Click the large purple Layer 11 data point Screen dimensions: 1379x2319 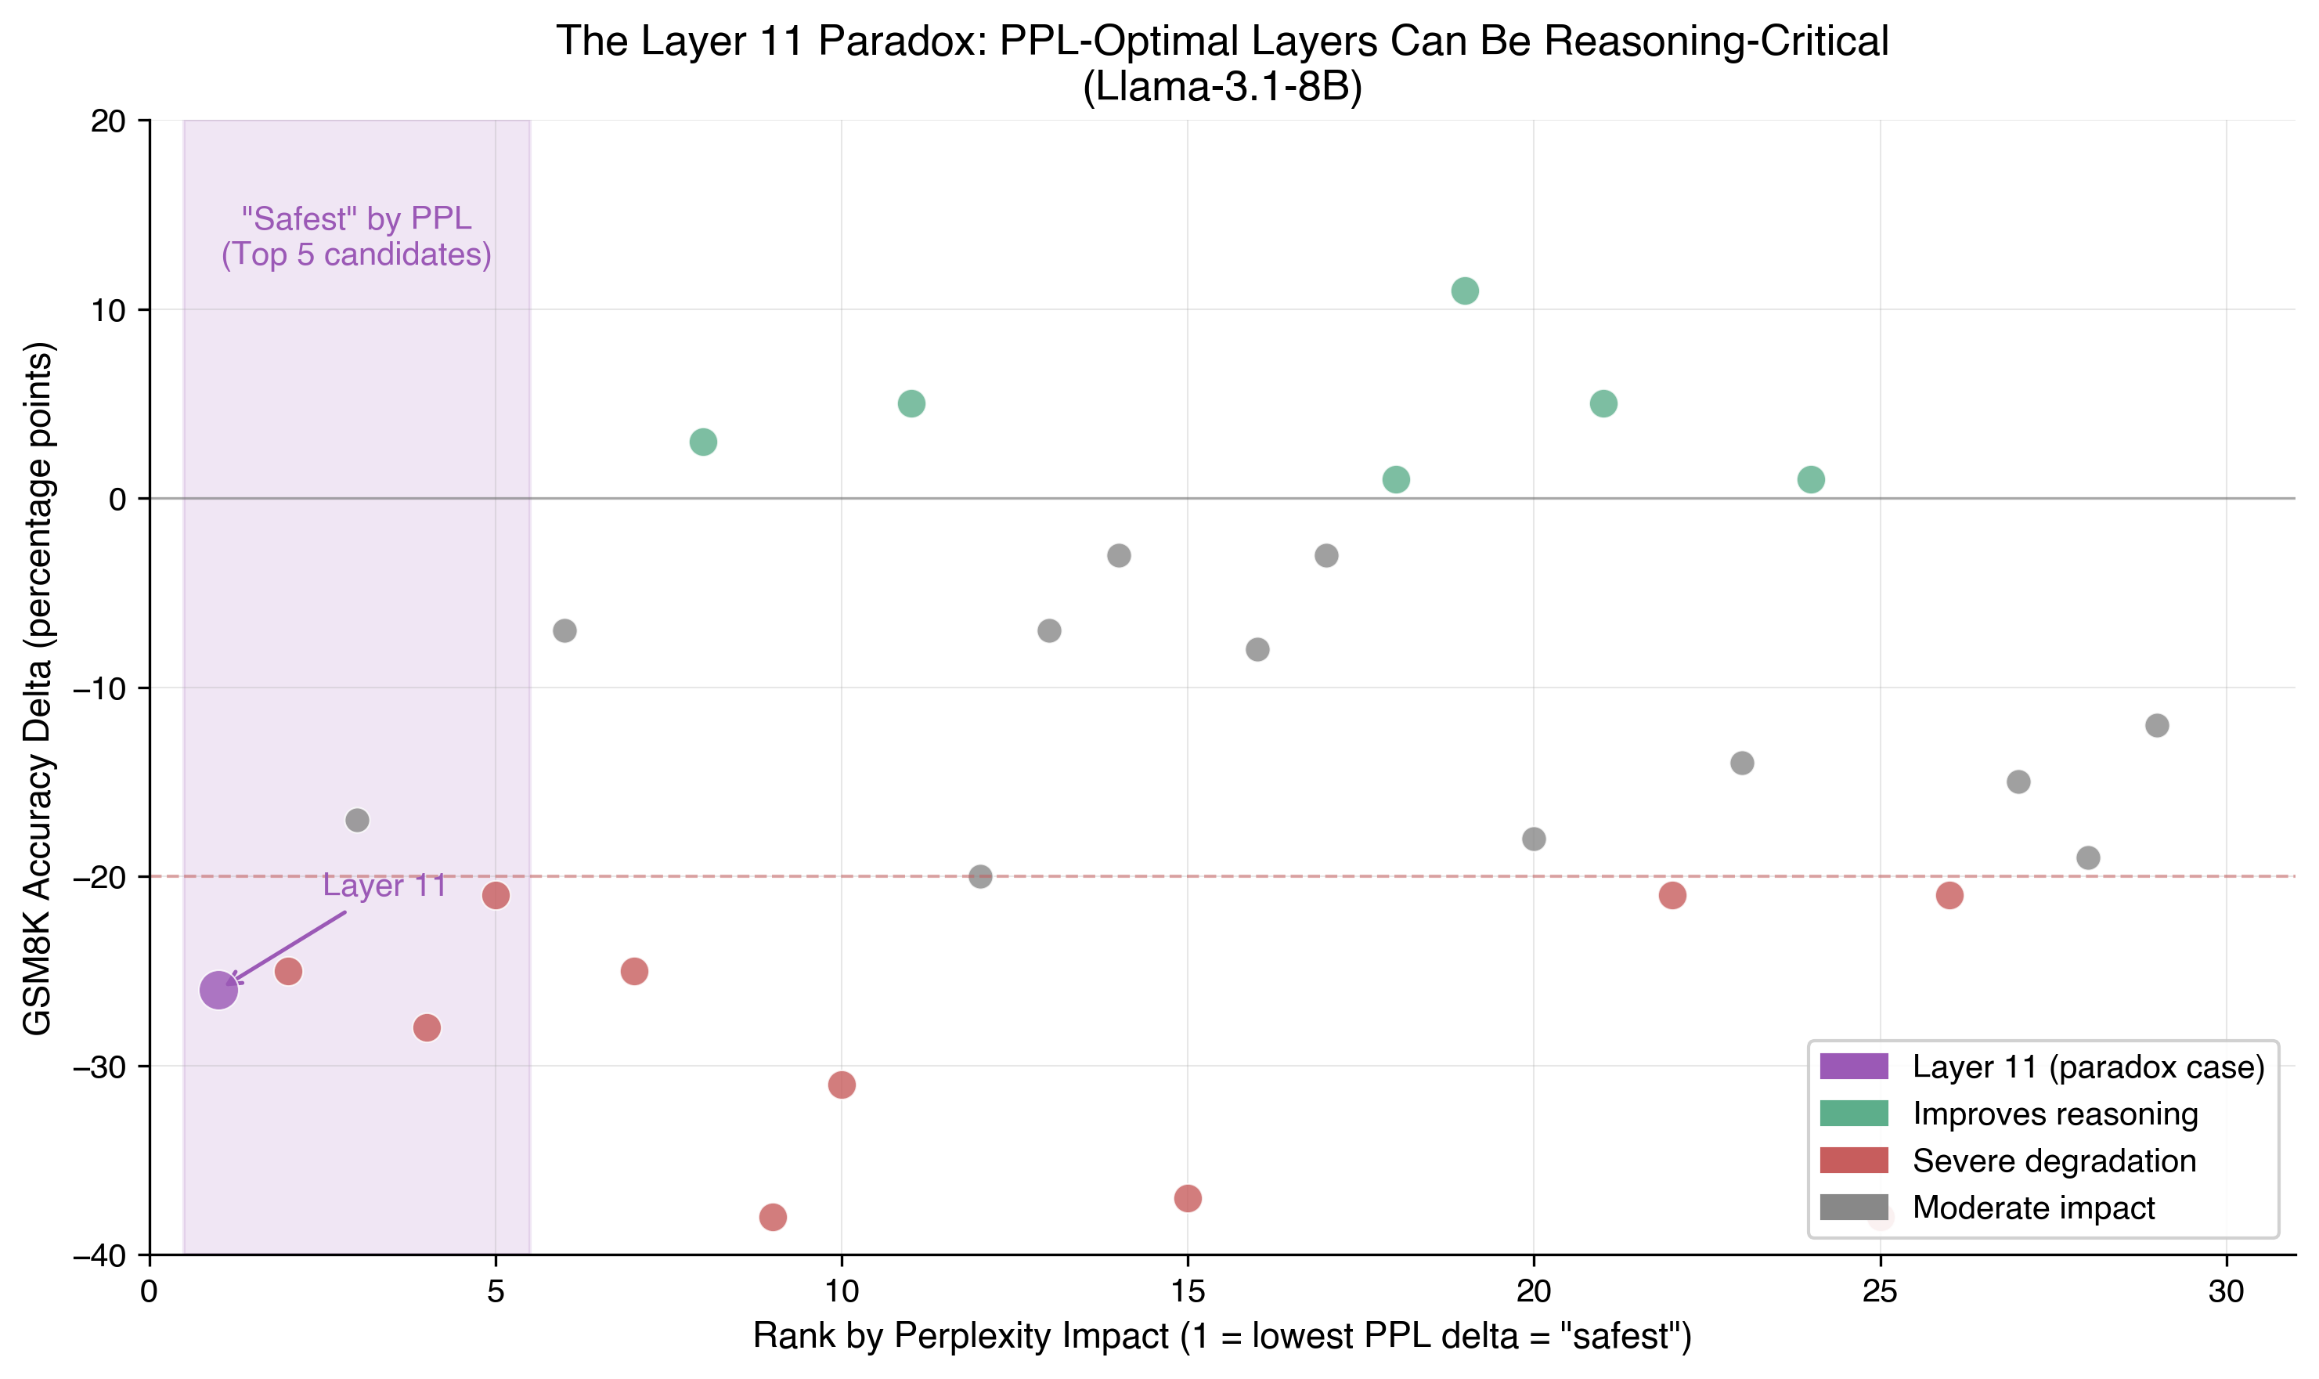click(218, 990)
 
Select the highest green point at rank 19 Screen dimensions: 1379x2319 click(1464, 291)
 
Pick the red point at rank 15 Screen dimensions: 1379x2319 click(1188, 1198)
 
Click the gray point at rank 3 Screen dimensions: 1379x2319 click(357, 820)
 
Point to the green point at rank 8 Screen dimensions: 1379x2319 click(703, 442)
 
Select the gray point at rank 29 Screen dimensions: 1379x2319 click(2156, 725)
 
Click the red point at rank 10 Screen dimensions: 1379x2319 click(841, 1085)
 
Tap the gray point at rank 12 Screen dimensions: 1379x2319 click(980, 876)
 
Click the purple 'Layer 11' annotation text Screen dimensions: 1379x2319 click(384, 885)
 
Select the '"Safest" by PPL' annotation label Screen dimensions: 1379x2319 click(356, 218)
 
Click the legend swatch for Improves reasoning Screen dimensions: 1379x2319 click(1853, 1114)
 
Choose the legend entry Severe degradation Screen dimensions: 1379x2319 click(2054, 1161)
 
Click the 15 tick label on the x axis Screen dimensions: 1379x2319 click(1188, 1291)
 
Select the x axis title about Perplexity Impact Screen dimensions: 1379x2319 click(1222, 1336)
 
